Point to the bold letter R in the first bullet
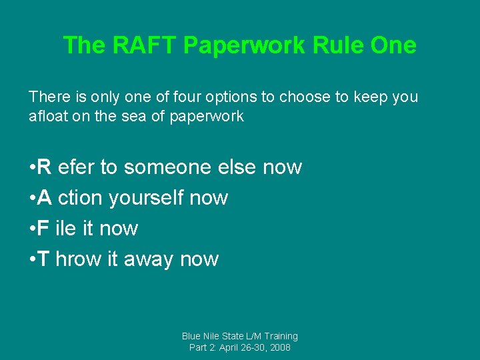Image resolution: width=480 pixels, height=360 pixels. [x=44, y=167]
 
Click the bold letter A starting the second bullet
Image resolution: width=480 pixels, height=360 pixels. [x=44, y=197]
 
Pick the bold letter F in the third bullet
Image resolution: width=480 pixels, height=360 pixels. [x=43, y=228]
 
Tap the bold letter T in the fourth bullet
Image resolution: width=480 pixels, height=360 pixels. [x=43, y=259]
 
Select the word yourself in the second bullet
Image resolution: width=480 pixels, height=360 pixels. [x=147, y=197]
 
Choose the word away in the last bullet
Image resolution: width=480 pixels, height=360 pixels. [x=151, y=259]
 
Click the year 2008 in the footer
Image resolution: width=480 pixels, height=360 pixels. [x=279, y=347]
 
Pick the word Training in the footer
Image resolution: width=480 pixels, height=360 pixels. [x=279, y=336]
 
